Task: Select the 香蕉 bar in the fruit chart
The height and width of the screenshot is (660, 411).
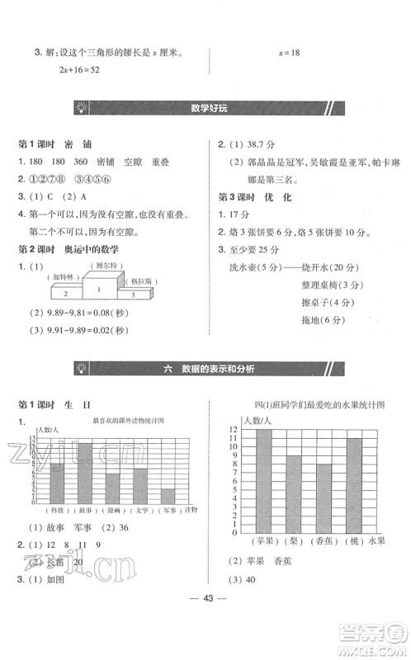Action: tap(324, 497)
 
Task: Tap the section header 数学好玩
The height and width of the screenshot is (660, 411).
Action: tap(205, 107)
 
